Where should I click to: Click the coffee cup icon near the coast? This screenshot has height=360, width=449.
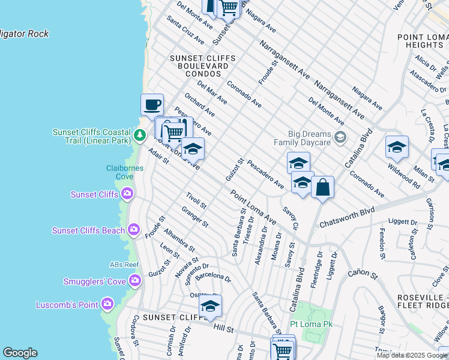pos(152,105)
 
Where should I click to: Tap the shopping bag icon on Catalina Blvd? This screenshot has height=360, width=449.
pos(322,187)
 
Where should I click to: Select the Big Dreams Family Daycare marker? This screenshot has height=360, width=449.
pos(340,138)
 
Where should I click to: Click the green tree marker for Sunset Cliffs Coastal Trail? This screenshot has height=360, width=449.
pos(140,134)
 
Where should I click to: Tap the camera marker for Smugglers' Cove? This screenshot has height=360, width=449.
pos(135,280)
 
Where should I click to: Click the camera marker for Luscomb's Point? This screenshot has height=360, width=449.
pos(107,304)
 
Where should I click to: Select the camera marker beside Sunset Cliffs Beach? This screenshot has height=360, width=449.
pos(134,230)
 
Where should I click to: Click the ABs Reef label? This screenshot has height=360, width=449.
pos(124,265)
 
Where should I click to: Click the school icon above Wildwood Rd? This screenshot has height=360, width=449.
pos(397,146)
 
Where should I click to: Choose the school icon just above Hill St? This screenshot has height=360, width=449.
pos(210,306)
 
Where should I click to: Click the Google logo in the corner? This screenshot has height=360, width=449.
pos(19,353)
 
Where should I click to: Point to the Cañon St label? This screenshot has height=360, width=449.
pos(362,275)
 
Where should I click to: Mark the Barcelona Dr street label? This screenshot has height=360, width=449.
pos(212,277)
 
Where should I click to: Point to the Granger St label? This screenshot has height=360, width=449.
pos(194,217)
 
